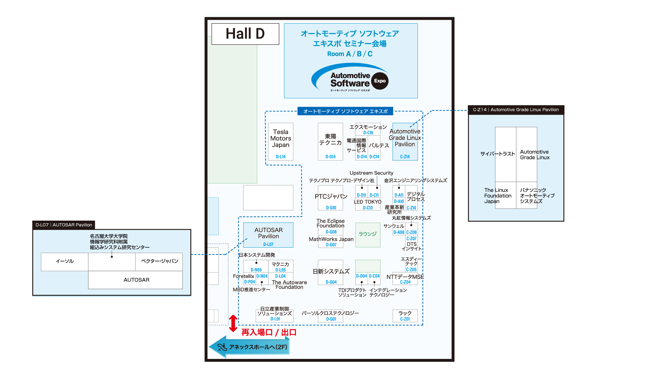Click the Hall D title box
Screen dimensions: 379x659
tap(245, 34)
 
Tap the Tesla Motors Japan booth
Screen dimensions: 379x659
tap(281, 139)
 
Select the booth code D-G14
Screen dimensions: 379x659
tap(330, 157)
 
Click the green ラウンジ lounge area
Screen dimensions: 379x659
tap(368, 234)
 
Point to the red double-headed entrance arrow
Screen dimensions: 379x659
tap(233, 323)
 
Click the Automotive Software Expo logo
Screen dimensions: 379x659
tap(350, 79)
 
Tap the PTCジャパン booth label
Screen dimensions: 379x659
tap(331, 197)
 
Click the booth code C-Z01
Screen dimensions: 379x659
tap(405, 319)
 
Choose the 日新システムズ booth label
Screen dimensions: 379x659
tap(331, 271)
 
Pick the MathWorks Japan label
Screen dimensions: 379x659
tap(331, 239)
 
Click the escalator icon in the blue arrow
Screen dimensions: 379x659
tap(222, 347)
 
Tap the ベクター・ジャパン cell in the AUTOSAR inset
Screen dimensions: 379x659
tap(159, 261)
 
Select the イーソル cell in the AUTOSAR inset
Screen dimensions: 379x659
tap(65, 261)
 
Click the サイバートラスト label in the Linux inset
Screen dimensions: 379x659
tap(497, 154)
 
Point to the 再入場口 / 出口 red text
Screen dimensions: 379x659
tap(269, 333)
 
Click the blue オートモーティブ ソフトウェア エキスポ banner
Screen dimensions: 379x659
tap(345, 111)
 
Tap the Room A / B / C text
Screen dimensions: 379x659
tap(350, 54)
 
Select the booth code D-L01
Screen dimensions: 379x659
tap(275, 319)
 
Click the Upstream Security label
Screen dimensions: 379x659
tap(371, 173)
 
